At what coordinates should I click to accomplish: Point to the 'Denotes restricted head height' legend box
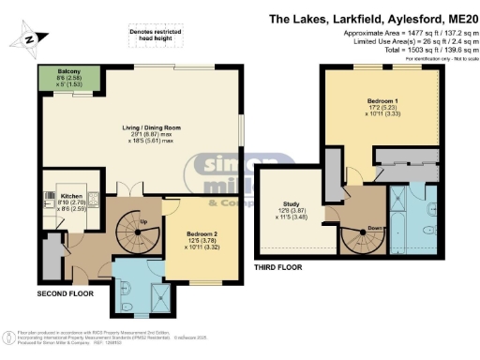(x=154, y=37)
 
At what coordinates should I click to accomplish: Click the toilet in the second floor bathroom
(x=125, y=302)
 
